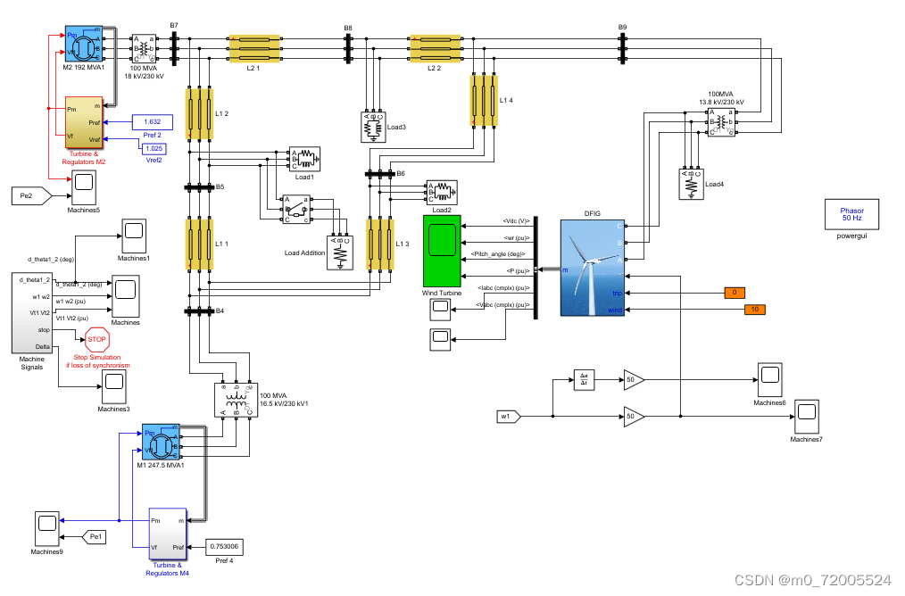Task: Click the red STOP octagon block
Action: click(x=96, y=339)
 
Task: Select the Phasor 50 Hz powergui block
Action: click(x=851, y=214)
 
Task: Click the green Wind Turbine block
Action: click(x=442, y=251)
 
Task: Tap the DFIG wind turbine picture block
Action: click(x=593, y=268)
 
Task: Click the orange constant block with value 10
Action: click(x=755, y=310)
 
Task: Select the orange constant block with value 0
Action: click(x=734, y=293)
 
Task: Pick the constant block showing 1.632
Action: click(x=152, y=121)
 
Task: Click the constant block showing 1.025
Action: click(x=154, y=147)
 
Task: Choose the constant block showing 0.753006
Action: click(x=224, y=546)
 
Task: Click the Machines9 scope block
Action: click(x=46, y=529)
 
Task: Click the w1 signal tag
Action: click(x=507, y=416)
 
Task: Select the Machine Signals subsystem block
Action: click(x=31, y=312)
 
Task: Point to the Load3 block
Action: click(x=372, y=127)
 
